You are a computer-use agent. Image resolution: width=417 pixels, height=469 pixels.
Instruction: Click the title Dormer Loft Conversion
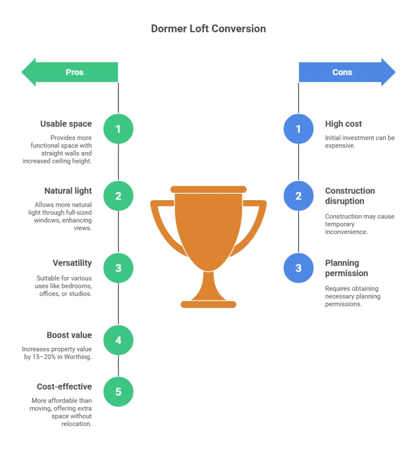(208, 29)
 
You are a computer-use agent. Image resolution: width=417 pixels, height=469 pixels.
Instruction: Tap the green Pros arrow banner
(70, 72)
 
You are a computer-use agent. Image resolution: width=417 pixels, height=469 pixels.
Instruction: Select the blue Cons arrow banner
(347, 72)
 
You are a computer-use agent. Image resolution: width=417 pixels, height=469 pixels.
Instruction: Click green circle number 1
(119, 129)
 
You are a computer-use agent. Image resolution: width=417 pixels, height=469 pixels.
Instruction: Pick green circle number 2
(119, 196)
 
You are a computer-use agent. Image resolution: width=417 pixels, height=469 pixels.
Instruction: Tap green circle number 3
(119, 268)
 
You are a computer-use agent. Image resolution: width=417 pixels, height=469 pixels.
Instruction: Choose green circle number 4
(119, 340)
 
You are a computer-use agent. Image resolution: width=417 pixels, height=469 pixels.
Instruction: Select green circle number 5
(119, 392)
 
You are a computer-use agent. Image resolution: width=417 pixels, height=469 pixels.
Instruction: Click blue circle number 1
(298, 129)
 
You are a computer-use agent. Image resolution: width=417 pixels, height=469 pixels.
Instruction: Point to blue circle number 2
(298, 196)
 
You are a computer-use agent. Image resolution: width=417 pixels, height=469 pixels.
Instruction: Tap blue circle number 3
(298, 268)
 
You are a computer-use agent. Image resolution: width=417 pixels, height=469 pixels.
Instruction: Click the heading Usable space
(66, 124)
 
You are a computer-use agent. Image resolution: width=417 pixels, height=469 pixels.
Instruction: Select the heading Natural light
(68, 191)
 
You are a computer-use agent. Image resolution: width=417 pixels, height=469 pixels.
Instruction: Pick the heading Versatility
(72, 263)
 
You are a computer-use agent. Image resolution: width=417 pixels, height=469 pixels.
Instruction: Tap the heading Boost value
(70, 335)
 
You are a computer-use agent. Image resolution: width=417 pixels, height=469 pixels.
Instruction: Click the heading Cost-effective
(64, 387)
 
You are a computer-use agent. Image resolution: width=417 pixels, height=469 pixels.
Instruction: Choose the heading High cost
(343, 124)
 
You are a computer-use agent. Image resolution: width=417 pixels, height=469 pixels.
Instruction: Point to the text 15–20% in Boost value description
(44, 357)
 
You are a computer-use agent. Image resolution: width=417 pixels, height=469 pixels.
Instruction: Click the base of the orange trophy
(208, 305)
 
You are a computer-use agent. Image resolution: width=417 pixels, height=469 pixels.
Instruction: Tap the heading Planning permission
(347, 268)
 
